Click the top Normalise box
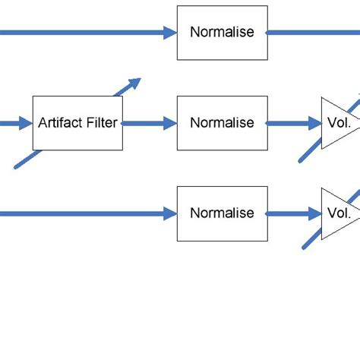[x=222, y=33]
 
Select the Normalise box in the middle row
[x=222, y=123]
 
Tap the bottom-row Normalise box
[x=222, y=213]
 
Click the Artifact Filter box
[x=77, y=123]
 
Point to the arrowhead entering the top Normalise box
[x=169, y=33]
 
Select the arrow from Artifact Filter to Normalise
[x=149, y=123]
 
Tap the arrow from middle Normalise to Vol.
[x=293, y=123]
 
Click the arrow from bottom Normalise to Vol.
[x=293, y=213]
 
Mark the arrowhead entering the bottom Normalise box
[x=169, y=213]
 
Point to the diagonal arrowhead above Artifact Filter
[x=134, y=82]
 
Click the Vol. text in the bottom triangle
[x=337, y=213]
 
